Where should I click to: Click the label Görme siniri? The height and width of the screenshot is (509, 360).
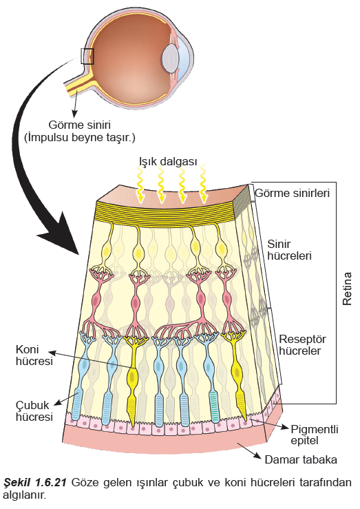80,125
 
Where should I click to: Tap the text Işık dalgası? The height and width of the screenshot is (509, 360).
168,161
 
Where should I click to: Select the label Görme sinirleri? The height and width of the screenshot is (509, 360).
293,193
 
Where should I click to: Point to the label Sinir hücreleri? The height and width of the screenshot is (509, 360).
289,249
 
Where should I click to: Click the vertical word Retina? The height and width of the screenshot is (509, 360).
347,289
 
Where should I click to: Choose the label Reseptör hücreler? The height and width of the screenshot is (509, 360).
302,345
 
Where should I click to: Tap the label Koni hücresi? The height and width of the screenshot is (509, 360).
34,355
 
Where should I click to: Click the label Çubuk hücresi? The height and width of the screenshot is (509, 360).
34,411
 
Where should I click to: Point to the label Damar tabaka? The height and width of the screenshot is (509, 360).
301,459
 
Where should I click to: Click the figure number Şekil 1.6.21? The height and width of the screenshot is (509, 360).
35,483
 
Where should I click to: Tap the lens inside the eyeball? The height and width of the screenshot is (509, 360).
170,59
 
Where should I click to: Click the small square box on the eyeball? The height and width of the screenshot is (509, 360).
87,56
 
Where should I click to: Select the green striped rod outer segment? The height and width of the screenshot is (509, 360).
213,406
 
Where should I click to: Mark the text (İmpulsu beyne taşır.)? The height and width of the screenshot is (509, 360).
80,138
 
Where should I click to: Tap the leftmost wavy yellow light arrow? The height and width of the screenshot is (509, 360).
140,184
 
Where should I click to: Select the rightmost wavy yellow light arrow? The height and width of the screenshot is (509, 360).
203,184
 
